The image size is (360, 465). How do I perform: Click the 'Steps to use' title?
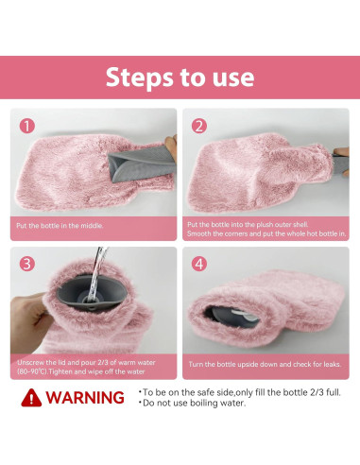[180, 77]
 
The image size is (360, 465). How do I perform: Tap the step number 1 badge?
[27, 126]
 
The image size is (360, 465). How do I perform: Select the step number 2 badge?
[199, 126]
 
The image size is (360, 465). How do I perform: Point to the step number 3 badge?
[27, 264]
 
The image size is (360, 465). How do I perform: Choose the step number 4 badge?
[199, 264]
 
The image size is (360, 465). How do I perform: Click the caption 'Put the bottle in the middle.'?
[59, 226]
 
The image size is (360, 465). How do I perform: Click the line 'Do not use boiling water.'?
[193, 404]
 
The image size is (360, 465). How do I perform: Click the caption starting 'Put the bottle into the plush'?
[265, 229]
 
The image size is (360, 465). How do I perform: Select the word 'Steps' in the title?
[138, 77]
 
